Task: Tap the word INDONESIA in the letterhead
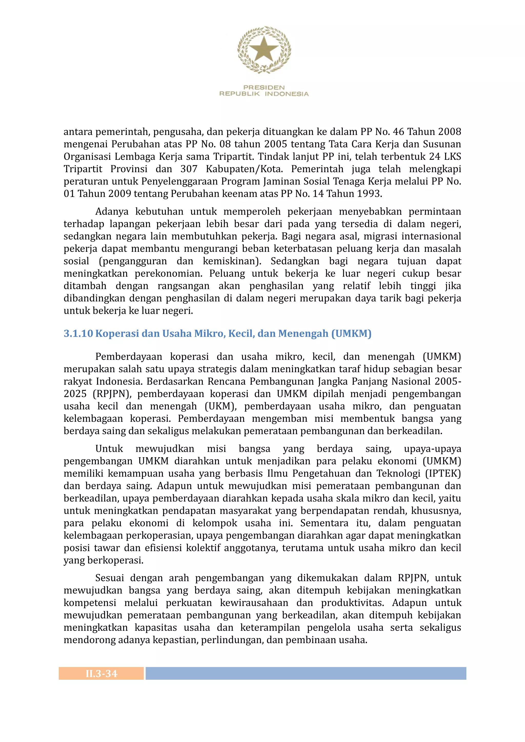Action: (x=287, y=94)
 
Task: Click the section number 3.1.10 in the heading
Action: (x=78, y=333)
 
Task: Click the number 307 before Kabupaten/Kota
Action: (x=189, y=169)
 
